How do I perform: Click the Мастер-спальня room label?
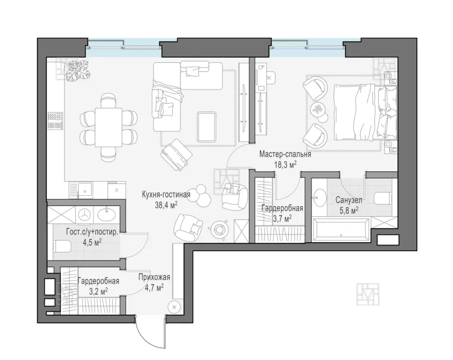(285, 154)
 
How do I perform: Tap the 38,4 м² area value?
(166, 205)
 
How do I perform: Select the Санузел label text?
(349, 200)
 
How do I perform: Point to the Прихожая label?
(154, 277)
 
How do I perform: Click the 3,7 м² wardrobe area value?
(282, 218)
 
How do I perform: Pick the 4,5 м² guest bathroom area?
(92, 242)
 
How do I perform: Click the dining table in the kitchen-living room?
(109, 127)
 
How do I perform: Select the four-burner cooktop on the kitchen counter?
(55, 121)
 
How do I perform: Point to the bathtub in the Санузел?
(341, 229)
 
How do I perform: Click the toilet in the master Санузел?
(383, 199)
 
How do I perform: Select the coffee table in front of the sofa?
(207, 127)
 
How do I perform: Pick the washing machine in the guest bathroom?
(84, 215)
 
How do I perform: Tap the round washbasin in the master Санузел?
(319, 198)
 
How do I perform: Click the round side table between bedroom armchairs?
(318, 110)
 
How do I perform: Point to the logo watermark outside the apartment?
(367, 294)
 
